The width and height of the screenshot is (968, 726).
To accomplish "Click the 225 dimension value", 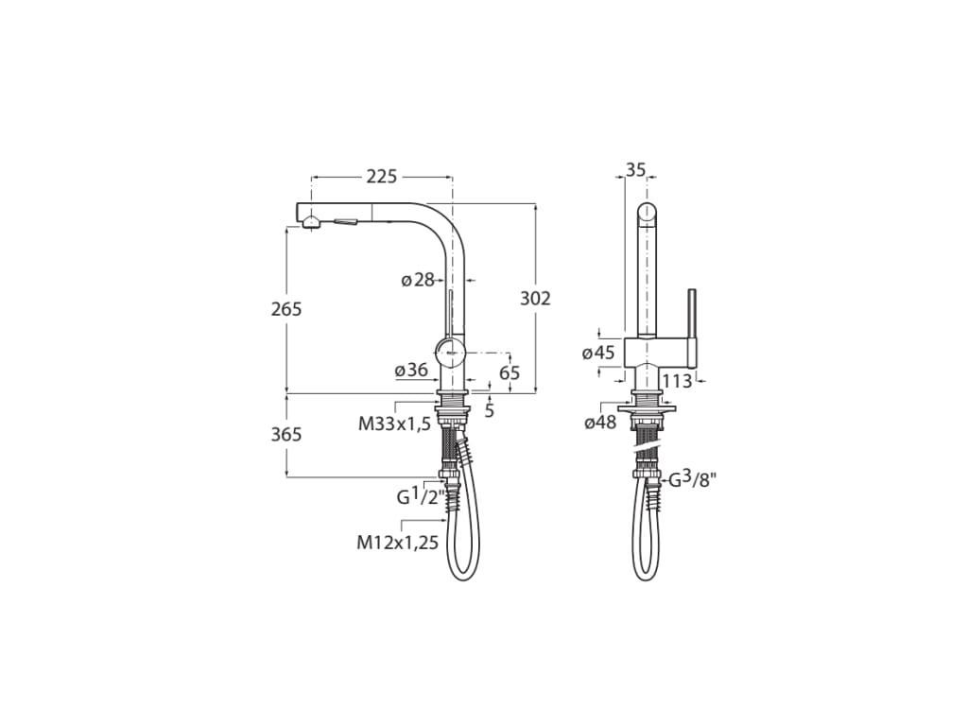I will (381, 177).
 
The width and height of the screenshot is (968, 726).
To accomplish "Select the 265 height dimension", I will (285, 309).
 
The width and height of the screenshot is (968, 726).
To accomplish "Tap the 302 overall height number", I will (535, 299).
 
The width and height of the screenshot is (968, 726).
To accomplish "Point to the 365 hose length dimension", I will (285, 434).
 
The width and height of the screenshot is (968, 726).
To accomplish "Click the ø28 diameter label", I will (417, 280).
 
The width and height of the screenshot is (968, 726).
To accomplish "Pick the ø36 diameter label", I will (411, 371).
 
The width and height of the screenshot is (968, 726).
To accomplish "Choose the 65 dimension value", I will (510, 372).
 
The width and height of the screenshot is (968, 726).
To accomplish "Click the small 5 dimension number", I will (489, 410).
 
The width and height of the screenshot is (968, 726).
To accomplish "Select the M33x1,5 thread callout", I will (394, 423).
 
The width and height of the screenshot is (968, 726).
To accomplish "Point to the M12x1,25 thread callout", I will (397, 543).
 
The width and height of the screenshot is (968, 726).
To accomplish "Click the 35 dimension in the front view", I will (635, 170).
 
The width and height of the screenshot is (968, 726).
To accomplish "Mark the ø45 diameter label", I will (598, 353).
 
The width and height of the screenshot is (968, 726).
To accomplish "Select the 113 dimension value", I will (677, 381).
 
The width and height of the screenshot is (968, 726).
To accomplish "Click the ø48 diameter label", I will (599, 423).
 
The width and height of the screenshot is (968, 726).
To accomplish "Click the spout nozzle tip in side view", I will (308, 220).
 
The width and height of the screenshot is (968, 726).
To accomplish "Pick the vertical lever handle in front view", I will (692, 326).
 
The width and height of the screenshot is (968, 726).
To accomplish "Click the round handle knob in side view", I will (454, 348).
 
